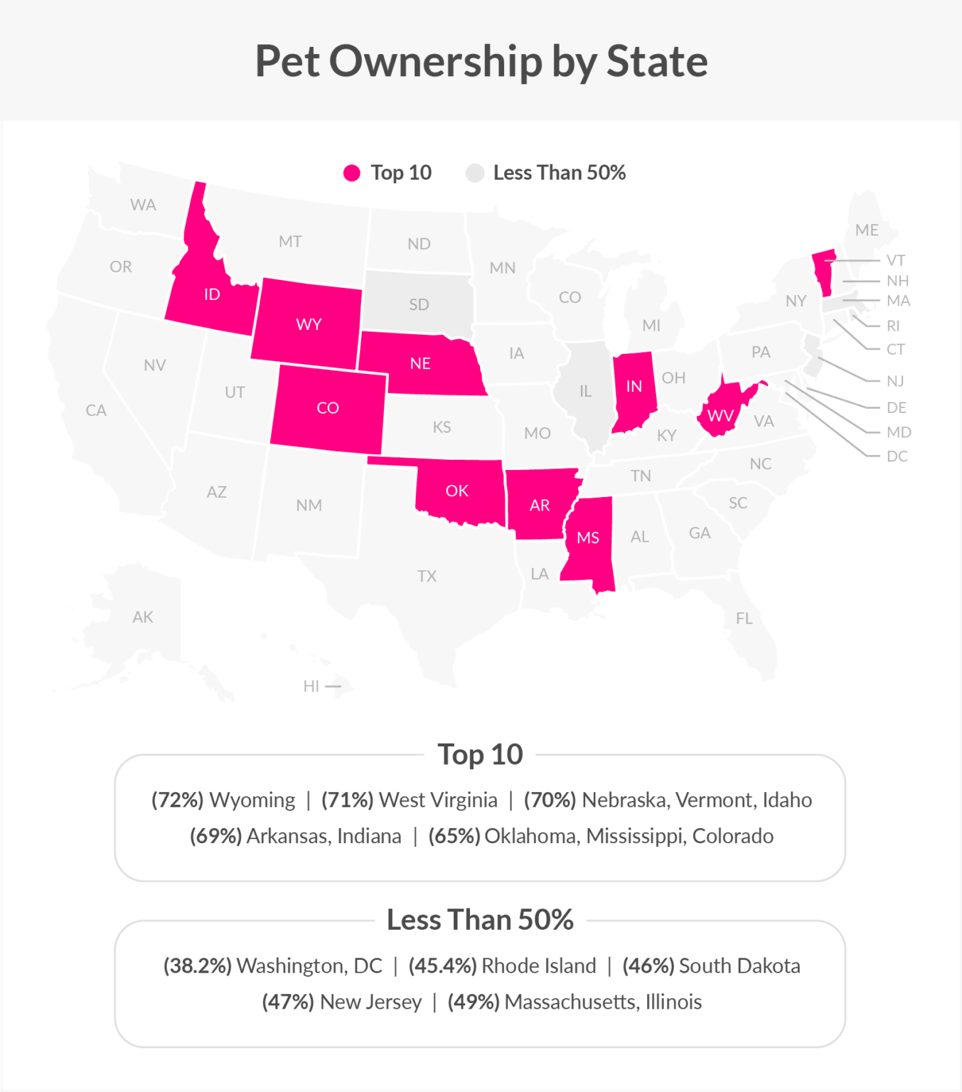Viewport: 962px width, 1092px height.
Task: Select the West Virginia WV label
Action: point(720,415)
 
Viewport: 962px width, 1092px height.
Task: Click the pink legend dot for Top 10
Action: point(351,173)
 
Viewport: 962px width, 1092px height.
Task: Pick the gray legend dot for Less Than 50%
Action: point(474,173)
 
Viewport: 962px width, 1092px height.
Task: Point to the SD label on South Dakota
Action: point(419,305)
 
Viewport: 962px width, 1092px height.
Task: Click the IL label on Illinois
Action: point(585,391)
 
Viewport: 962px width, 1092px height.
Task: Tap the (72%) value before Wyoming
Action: point(177,800)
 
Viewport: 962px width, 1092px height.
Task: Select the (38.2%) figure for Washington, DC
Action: point(197,965)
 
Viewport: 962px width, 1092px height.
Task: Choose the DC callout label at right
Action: point(897,456)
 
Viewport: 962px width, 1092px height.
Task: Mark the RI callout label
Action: point(893,326)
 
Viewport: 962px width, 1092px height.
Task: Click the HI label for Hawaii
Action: point(311,686)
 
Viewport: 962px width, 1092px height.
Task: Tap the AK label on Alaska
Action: point(142,617)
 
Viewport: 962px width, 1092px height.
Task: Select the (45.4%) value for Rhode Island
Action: point(442,965)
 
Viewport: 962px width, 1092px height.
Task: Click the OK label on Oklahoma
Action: point(456,491)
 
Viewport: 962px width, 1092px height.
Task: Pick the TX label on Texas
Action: point(427,576)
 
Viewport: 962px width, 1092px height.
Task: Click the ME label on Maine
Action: point(867,230)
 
